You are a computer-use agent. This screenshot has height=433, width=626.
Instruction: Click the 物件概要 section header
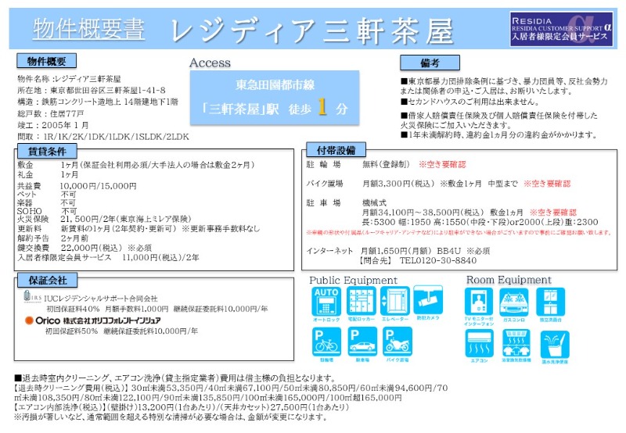pos(46,61)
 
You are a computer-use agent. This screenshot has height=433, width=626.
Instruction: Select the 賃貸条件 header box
pos(46,150)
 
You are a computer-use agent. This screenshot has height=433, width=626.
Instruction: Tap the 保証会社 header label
pos(46,280)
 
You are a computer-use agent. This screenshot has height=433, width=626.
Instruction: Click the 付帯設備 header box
pos(336,150)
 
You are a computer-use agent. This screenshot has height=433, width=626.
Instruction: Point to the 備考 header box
pos(429,63)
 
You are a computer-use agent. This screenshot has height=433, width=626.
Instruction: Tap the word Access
pos(210,63)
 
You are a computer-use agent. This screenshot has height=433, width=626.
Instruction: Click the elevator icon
pos(394,301)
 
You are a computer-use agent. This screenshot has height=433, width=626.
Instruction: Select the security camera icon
pos(429,301)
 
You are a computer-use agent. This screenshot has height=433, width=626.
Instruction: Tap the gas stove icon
pos(513,301)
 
